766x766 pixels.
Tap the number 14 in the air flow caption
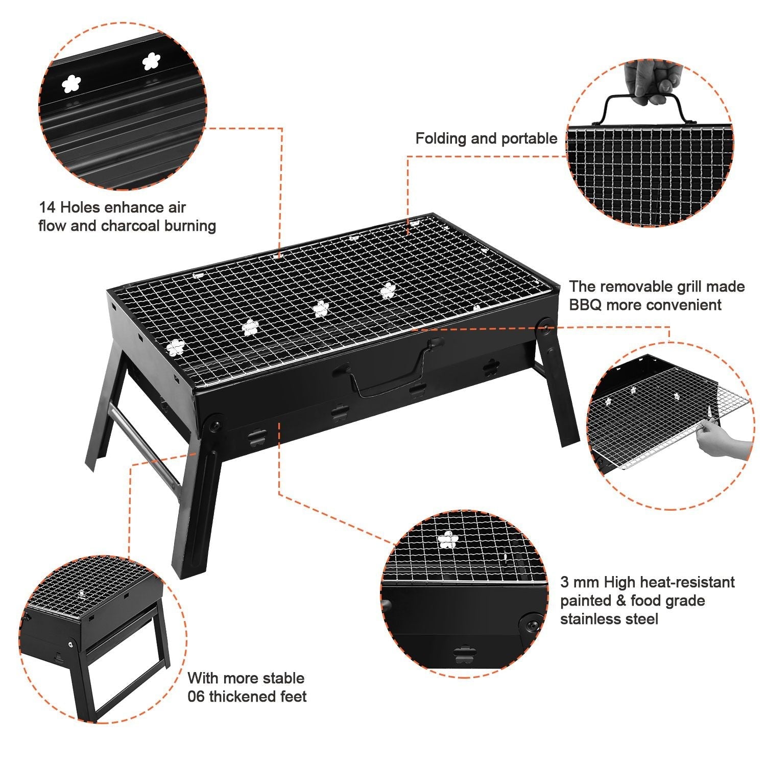(x=47, y=208)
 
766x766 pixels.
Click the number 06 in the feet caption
(x=196, y=697)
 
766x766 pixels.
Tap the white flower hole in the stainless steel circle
(x=448, y=540)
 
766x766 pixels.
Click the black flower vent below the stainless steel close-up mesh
(x=463, y=656)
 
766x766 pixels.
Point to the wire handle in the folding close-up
(x=643, y=110)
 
